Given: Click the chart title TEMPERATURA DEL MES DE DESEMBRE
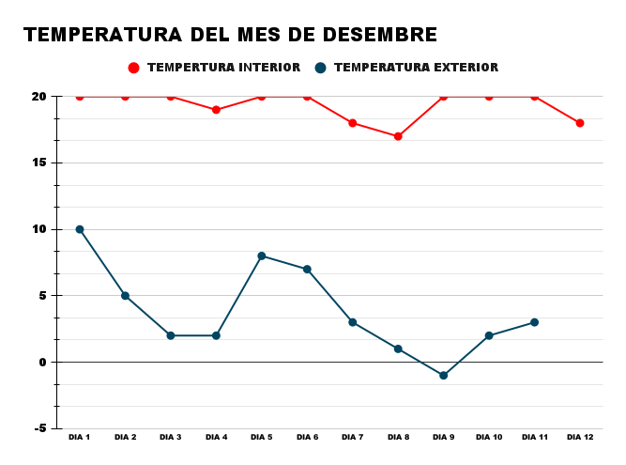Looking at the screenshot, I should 230,35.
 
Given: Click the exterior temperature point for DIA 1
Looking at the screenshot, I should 80,229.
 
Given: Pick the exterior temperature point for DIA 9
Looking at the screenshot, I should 443,376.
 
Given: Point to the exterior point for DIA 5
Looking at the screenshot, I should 262,256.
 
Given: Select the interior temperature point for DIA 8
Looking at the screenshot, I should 398,136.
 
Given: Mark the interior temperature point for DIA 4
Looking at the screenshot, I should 216,110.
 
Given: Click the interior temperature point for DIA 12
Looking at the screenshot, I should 580,123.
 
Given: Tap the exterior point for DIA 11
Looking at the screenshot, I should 534,322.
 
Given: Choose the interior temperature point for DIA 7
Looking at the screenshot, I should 353,123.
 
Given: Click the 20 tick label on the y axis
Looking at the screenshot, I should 38,97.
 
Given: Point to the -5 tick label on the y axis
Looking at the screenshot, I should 40,428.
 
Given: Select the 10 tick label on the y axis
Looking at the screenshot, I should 39,229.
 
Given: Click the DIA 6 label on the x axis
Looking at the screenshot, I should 307,437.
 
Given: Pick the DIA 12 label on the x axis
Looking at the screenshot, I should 580,437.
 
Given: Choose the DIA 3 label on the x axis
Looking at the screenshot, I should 171,437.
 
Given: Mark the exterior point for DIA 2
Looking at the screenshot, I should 125,296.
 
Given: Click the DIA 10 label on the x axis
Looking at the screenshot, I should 489,437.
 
